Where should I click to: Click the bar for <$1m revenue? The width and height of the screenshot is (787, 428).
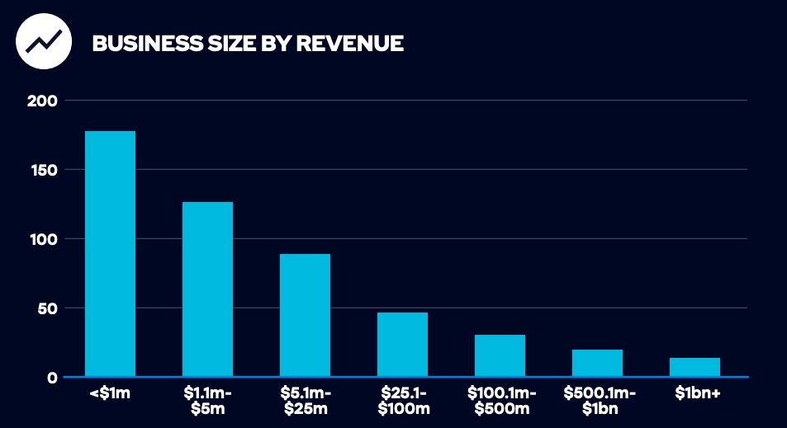point(110,253)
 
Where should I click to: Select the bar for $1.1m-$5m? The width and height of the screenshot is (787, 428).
point(207,289)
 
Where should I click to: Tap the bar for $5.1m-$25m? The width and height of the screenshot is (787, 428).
point(305,315)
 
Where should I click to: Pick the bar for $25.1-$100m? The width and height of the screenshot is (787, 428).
point(402,344)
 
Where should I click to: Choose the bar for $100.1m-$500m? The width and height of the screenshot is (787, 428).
point(500,355)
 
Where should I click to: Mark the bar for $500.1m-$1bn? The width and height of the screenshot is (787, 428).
point(597,363)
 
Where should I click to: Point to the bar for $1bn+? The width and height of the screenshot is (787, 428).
point(695,367)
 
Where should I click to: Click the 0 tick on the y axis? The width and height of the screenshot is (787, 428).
point(52,378)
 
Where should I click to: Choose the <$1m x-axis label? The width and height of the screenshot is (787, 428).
point(110,394)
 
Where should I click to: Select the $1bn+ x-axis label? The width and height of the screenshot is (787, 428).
point(695,394)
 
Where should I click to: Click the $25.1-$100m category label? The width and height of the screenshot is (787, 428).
point(402,401)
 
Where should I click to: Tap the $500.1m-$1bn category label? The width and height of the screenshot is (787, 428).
point(597,401)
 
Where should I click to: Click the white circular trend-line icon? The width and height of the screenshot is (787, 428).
point(41,41)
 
